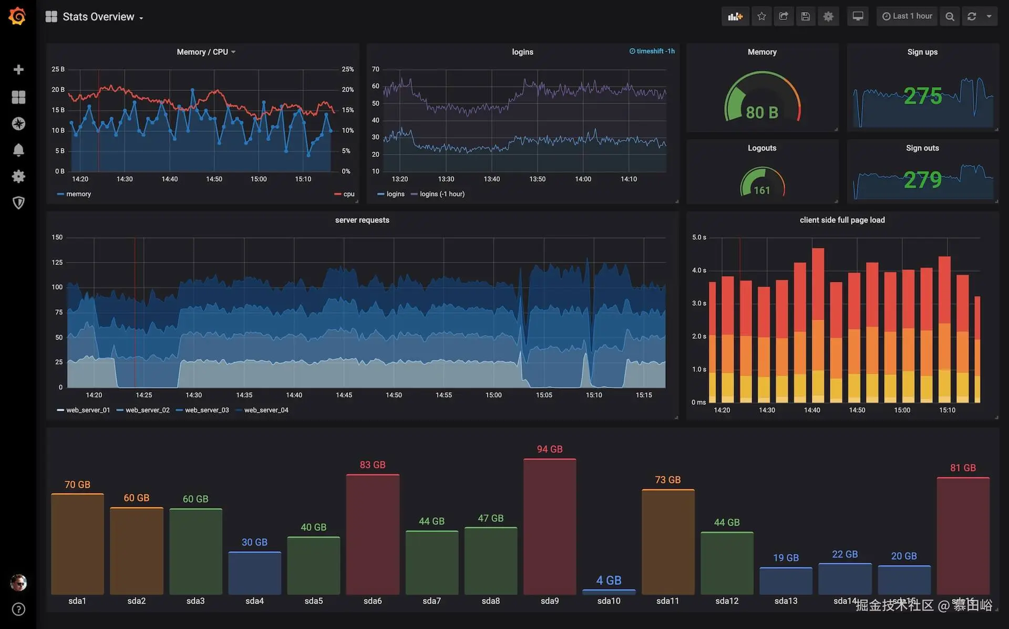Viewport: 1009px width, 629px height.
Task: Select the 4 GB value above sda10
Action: click(x=609, y=580)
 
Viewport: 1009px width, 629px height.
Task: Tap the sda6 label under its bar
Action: click(x=373, y=601)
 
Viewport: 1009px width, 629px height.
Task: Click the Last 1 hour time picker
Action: click(x=907, y=16)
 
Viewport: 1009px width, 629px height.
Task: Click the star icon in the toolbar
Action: click(x=761, y=16)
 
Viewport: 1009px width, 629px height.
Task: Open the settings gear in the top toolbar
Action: click(x=828, y=16)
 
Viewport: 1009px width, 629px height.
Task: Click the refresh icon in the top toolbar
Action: click(x=972, y=16)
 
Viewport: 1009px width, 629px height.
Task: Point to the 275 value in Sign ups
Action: click(x=922, y=96)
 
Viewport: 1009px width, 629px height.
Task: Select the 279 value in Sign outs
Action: click(x=922, y=180)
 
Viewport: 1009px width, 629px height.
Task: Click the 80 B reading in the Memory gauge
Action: click(x=762, y=112)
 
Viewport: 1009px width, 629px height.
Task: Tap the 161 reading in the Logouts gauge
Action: click(x=762, y=190)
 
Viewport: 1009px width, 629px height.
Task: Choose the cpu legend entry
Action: click(x=348, y=194)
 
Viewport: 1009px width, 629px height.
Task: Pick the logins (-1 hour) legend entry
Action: click(x=441, y=194)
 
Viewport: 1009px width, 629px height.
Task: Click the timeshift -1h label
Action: click(x=652, y=51)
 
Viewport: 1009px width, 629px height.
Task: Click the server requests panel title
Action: click(x=362, y=220)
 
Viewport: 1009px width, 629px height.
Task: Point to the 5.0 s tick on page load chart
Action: click(x=699, y=237)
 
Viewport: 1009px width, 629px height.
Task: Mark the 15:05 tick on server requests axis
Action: click(x=544, y=395)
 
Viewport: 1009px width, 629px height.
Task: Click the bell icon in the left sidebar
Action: click(x=18, y=150)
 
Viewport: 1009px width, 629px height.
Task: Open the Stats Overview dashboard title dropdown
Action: click(x=98, y=17)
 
